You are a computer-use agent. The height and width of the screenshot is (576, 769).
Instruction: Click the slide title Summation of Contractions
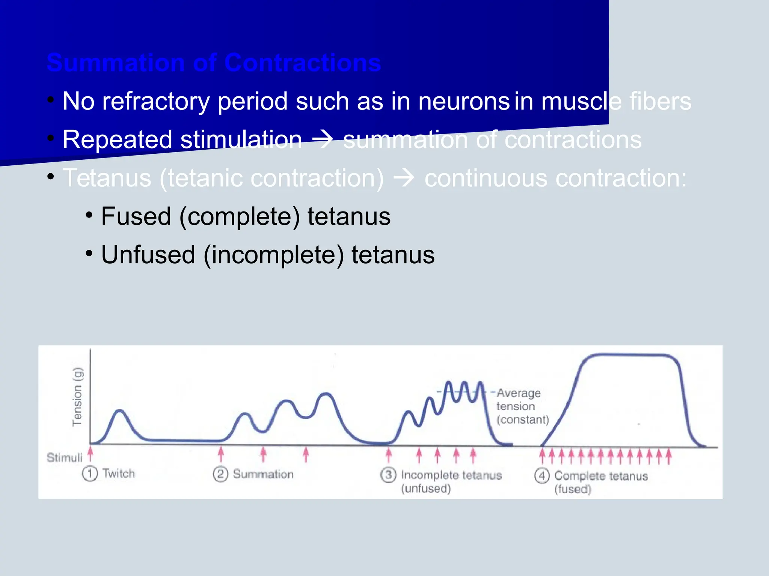214,63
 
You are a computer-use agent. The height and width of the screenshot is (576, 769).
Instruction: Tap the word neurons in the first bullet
464,101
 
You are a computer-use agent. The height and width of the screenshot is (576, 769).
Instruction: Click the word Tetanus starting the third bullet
107,178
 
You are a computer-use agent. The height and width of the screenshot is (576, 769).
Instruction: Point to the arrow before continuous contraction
404,178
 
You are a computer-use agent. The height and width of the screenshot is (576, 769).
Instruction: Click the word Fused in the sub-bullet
136,216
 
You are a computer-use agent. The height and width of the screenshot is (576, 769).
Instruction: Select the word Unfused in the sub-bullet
148,255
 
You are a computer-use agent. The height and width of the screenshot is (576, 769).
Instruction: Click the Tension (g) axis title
77,397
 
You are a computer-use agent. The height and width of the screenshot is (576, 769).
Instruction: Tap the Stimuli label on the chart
64,457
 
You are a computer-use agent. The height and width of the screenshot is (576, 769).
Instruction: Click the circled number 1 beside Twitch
90,474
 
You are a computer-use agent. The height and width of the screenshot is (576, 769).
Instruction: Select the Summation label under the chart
263,474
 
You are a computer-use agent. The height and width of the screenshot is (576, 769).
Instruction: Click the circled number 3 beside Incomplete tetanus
388,475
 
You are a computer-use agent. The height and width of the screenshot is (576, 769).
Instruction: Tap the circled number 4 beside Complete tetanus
542,476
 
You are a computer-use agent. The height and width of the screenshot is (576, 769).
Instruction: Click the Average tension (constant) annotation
522,406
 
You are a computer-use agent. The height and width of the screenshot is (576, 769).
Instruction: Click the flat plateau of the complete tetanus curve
631,354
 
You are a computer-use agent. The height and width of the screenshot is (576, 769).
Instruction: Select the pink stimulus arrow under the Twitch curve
90,453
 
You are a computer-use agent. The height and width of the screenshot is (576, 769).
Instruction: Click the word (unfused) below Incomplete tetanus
426,488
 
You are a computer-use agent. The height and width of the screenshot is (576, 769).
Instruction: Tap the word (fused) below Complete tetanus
573,489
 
